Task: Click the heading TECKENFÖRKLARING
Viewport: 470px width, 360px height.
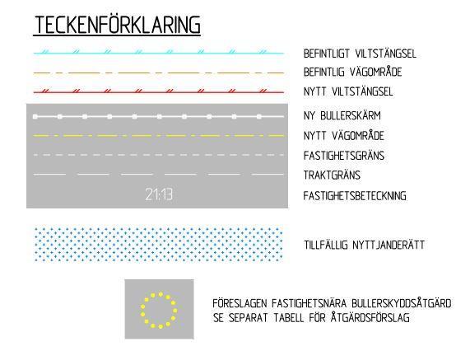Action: tap(117, 25)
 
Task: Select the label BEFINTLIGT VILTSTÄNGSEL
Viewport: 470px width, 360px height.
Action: tap(360, 54)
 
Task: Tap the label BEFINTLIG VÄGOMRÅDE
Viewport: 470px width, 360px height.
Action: tap(352, 72)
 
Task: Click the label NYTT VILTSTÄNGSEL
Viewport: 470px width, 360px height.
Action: tap(348, 91)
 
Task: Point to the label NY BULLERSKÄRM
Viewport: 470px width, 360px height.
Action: tap(342, 115)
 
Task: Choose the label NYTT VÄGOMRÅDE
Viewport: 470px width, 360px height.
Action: tap(344, 136)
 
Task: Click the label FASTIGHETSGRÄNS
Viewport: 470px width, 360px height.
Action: tap(344, 156)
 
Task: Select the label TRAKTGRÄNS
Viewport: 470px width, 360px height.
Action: tap(332, 175)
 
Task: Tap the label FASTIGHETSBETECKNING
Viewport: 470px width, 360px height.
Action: tap(355, 196)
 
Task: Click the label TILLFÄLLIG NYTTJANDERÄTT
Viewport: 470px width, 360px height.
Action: tap(364, 245)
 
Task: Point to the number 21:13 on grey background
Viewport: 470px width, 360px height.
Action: tap(159, 194)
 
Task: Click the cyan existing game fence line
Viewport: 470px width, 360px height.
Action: tap(159, 54)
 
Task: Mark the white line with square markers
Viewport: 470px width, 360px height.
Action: tap(159, 116)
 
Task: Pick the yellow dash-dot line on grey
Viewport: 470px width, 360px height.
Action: tap(159, 136)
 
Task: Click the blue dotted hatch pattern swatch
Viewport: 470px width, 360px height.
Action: tap(159, 244)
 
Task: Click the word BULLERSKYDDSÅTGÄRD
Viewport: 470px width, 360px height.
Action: tap(402, 303)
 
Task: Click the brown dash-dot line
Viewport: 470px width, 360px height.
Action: tap(159, 72)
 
